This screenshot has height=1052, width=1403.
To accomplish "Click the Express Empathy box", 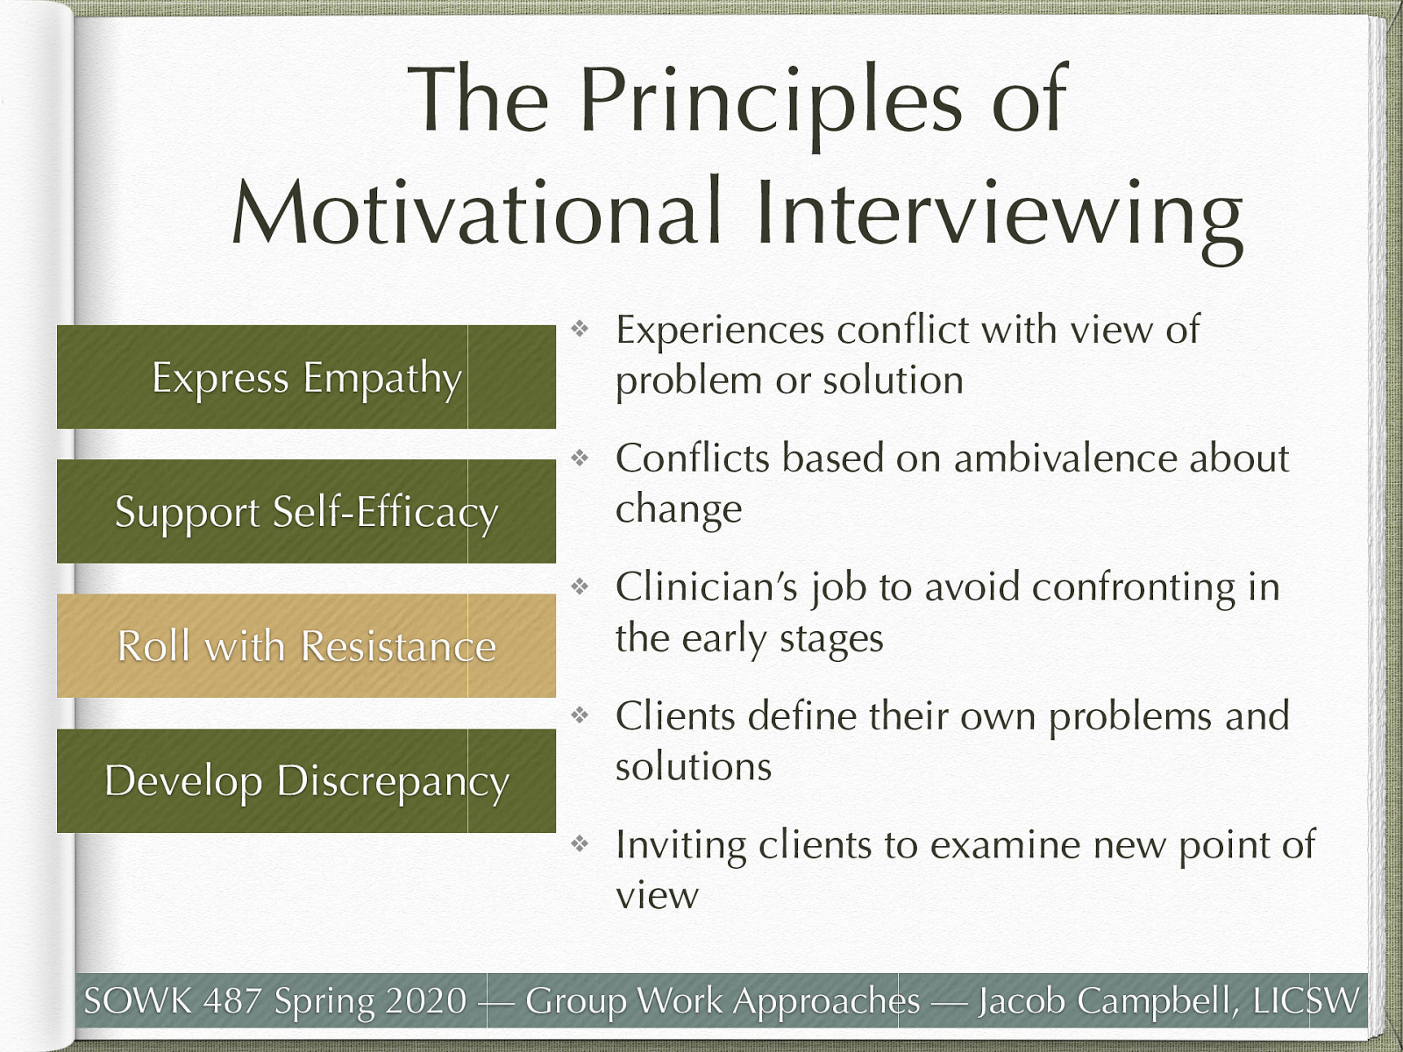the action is pyautogui.click(x=306, y=377).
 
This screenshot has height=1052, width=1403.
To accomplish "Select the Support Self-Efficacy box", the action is pyautogui.click(x=306, y=511).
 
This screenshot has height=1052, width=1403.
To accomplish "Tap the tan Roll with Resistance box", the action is pyautogui.click(x=306, y=646).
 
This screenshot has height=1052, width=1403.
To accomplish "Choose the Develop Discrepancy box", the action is pyautogui.click(x=306, y=780).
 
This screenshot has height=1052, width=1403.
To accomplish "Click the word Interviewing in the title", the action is pyautogui.click(x=1000, y=220).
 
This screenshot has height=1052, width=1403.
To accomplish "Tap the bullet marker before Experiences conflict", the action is pyautogui.click(x=580, y=329).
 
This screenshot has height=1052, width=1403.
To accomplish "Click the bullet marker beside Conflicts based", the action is pyautogui.click(x=580, y=458).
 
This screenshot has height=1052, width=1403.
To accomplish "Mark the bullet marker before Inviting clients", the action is pyautogui.click(x=580, y=843).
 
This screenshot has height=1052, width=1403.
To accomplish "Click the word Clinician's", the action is pyautogui.click(x=707, y=586).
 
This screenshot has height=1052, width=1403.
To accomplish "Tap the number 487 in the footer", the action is pyautogui.click(x=232, y=1000).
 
